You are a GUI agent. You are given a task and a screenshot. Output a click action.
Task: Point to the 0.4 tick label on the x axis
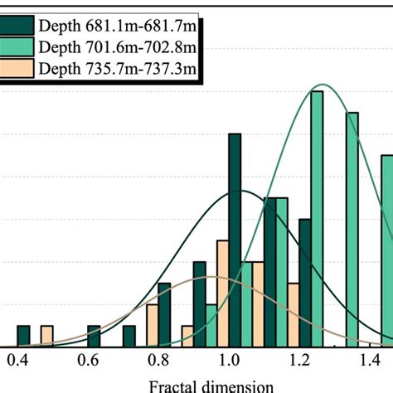point(16,361)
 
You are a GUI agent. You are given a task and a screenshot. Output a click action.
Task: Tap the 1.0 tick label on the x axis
point(230,361)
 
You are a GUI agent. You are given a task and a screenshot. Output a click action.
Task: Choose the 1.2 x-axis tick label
point(301,361)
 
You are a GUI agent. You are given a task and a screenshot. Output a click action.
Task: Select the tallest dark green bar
point(235,240)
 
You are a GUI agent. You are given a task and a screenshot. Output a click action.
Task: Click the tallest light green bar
point(317,219)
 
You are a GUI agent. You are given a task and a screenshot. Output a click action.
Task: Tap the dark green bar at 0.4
point(22,336)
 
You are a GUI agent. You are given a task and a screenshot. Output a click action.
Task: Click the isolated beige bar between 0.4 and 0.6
point(46,336)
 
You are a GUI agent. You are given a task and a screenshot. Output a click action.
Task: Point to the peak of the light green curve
point(318,85)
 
